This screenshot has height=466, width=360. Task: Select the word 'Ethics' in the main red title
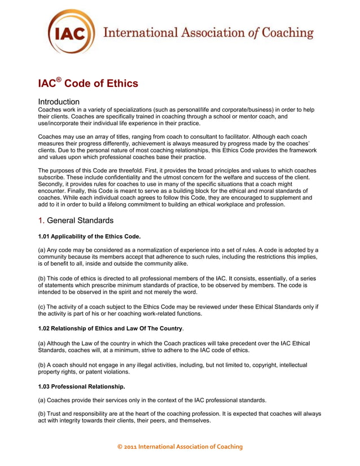[x=118, y=83]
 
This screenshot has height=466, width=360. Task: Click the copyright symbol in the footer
[x=119, y=447]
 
